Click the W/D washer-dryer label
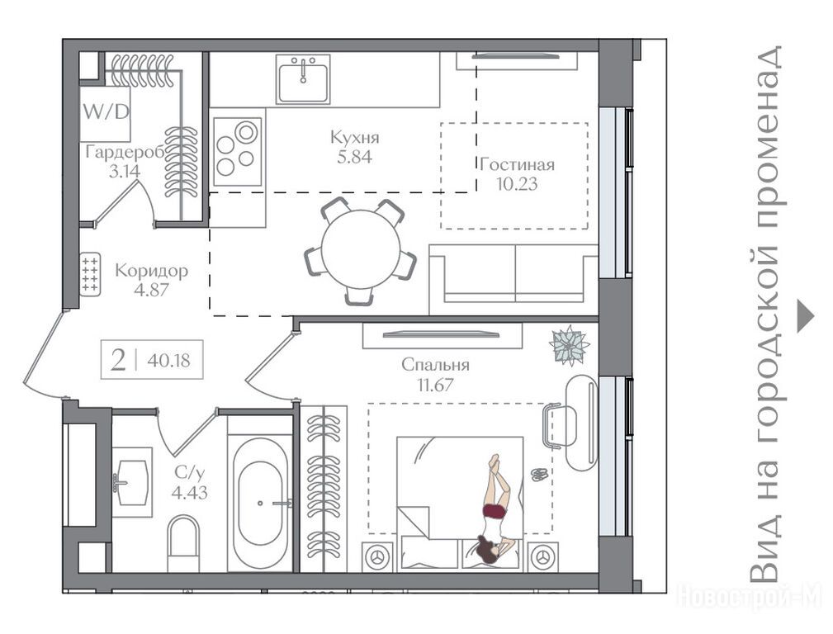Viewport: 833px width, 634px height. coord(106,112)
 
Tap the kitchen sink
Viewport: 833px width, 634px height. coord(303,79)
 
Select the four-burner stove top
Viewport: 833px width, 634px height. coord(237,151)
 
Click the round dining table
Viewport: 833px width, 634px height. coord(361,249)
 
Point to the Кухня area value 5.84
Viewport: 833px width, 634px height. coord(354,157)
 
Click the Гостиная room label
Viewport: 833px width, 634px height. coord(517,165)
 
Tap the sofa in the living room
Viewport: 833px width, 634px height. coord(514,280)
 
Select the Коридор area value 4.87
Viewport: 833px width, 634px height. coord(151,290)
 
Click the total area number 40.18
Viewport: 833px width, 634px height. coord(168,360)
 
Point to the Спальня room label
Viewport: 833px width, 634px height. coord(435,365)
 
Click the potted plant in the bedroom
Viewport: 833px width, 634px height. coord(569,345)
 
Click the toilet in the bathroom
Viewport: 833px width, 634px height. coord(183,543)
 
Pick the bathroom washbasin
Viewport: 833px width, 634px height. coord(131,483)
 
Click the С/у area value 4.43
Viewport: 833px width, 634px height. coord(189,493)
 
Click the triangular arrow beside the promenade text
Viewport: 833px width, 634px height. coord(806,317)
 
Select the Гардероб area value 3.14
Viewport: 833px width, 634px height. coord(125,172)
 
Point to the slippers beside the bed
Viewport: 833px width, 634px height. coord(540,474)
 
